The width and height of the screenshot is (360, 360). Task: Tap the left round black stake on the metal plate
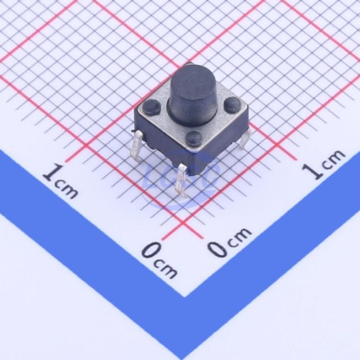152,107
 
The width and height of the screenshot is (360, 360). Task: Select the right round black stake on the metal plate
232,104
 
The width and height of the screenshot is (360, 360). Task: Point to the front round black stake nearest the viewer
194,139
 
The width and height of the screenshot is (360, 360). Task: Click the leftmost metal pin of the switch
136,146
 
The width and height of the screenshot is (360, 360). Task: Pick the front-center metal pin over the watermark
181,181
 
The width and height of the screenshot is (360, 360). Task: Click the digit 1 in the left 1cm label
52,172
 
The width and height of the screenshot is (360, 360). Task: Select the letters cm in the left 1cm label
67,190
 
